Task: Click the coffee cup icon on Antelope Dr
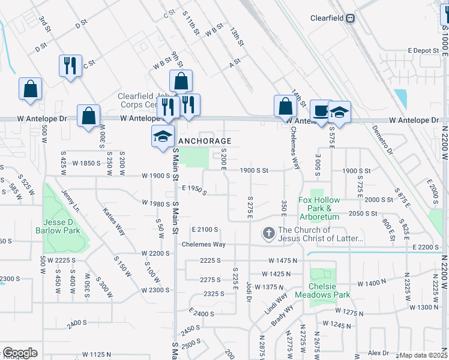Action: (321, 110)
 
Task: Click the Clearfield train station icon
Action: (349, 18)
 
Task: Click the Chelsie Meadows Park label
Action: (329, 290)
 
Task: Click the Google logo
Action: (20, 353)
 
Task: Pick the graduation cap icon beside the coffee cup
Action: (339, 112)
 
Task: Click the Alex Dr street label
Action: (379, 353)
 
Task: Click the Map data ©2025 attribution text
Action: (424, 355)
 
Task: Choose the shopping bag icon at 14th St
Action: (285, 106)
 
